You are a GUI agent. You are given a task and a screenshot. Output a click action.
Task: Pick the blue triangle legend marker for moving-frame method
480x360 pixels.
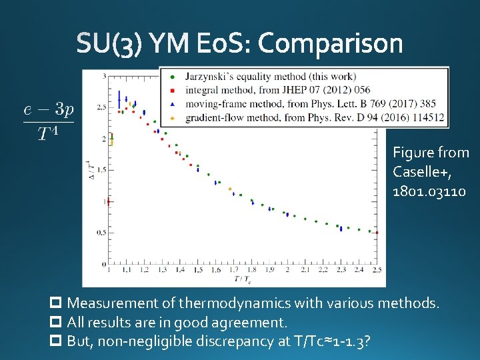[x=173, y=103]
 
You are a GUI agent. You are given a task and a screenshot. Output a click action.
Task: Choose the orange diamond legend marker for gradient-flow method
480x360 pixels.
[x=173, y=118]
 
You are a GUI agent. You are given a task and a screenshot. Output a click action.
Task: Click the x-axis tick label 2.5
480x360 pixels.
[x=377, y=270]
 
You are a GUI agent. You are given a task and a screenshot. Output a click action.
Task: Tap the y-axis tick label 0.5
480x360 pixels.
[x=101, y=233]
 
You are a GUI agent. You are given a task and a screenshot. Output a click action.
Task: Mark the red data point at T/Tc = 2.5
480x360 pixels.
[x=377, y=233]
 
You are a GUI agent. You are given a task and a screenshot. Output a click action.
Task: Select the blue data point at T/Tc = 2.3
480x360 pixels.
[x=341, y=228]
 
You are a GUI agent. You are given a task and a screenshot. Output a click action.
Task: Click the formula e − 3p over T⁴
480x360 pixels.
[x=48, y=121]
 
